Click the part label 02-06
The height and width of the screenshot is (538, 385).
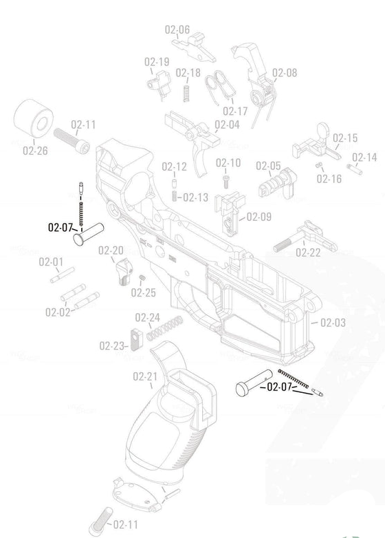click(x=177, y=30)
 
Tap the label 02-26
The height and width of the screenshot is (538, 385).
click(x=35, y=151)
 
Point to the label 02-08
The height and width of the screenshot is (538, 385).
click(x=285, y=73)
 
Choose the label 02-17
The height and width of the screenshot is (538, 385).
click(x=234, y=111)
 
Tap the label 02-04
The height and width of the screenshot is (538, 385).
click(x=227, y=125)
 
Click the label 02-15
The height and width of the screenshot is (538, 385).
click(x=345, y=138)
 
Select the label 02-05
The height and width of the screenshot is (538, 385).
click(x=268, y=166)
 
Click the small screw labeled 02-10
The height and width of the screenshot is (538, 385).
click(x=227, y=180)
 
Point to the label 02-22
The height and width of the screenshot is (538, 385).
click(x=308, y=252)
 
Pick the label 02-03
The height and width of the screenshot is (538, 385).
click(x=333, y=323)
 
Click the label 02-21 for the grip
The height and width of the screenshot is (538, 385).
click(x=145, y=376)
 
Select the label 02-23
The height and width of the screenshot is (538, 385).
click(x=112, y=345)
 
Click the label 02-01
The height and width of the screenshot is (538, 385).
click(x=50, y=262)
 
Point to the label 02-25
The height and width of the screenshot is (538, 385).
click(x=144, y=292)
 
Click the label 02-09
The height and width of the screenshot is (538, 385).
click(x=258, y=217)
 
